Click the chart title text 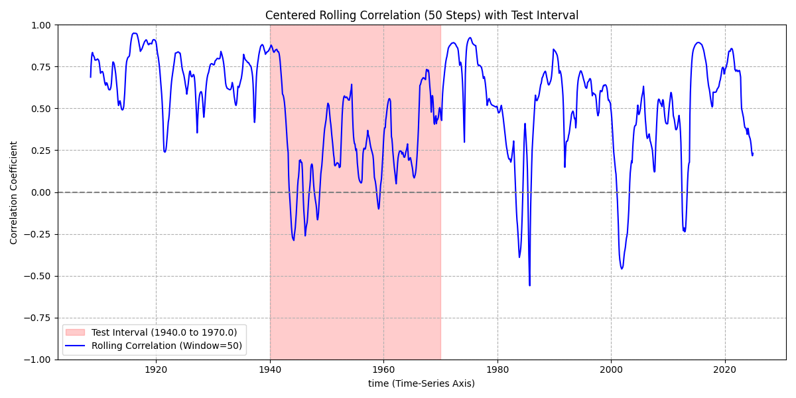pyautogui.click(x=422, y=15)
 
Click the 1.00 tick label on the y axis pyautogui.click(x=41, y=25)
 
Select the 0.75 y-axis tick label pyautogui.click(x=41, y=67)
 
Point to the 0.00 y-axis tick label pyautogui.click(x=41, y=192)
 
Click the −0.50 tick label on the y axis pyautogui.click(x=38, y=276)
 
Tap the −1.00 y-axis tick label pyautogui.click(x=38, y=360)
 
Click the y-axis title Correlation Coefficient pyautogui.click(x=14, y=192)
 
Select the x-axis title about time pyautogui.click(x=421, y=383)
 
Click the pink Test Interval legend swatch pyautogui.click(x=76, y=332)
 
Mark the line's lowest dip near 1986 pyautogui.click(x=529, y=285)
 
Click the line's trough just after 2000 pyautogui.click(x=622, y=269)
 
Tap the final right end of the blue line pyautogui.click(x=752, y=154)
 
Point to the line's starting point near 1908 pyautogui.click(x=91, y=77)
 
